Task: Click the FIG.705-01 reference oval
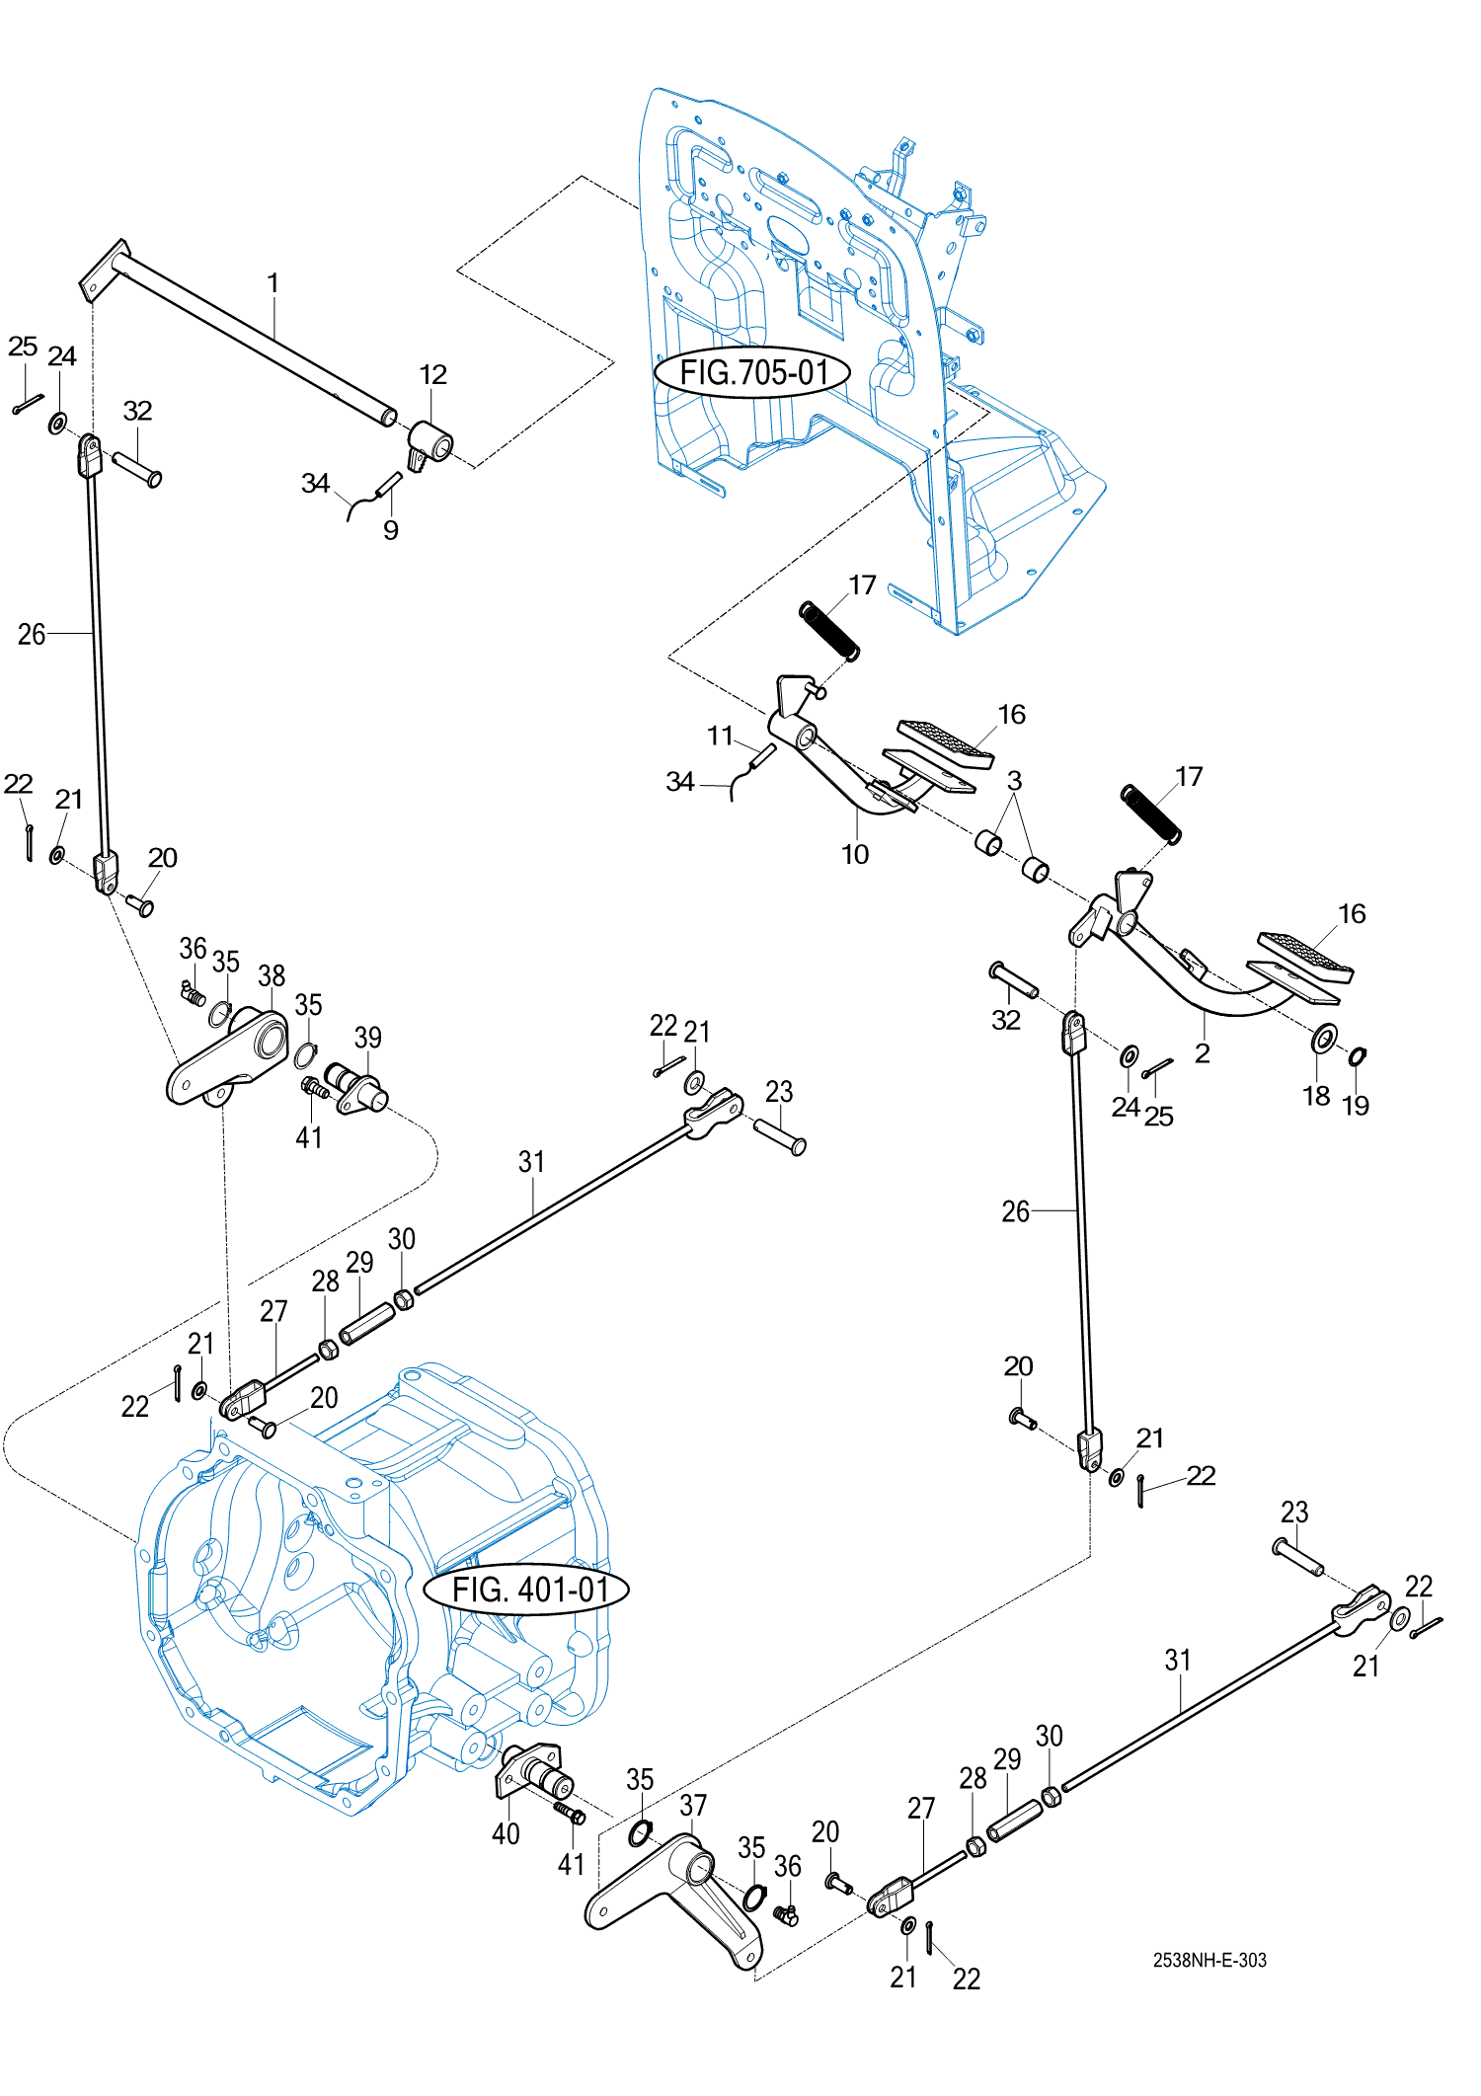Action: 752,372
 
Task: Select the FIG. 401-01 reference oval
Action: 526,1590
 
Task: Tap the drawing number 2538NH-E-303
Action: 1209,1960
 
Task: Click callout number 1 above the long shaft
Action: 273,283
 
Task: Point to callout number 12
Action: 432,375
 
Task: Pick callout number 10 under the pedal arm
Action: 855,854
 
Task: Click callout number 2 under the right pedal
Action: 1202,1053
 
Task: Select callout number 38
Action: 272,975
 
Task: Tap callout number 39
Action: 367,1038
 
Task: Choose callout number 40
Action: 506,1833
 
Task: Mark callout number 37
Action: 693,1805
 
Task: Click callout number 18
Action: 1316,1096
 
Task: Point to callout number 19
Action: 1356,1106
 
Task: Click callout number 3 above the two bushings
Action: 1014,780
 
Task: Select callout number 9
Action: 391,530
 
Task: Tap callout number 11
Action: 720,736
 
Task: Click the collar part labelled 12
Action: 429,444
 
